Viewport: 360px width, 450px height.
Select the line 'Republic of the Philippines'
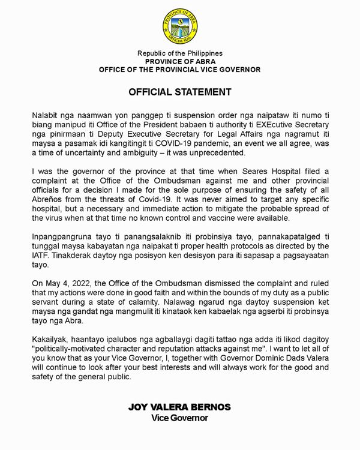point(180,53)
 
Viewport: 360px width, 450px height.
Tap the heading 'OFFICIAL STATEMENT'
point(180,92)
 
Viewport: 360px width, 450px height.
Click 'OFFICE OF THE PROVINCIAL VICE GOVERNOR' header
point(180,70)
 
